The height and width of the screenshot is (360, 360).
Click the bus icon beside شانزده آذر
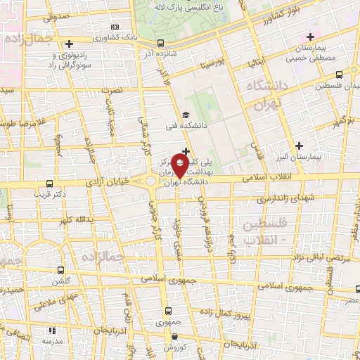[x=162, y=43]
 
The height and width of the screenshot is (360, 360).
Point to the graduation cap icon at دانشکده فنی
[x=185, y=115]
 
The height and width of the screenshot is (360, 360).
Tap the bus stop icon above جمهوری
[x=167, y=310]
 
